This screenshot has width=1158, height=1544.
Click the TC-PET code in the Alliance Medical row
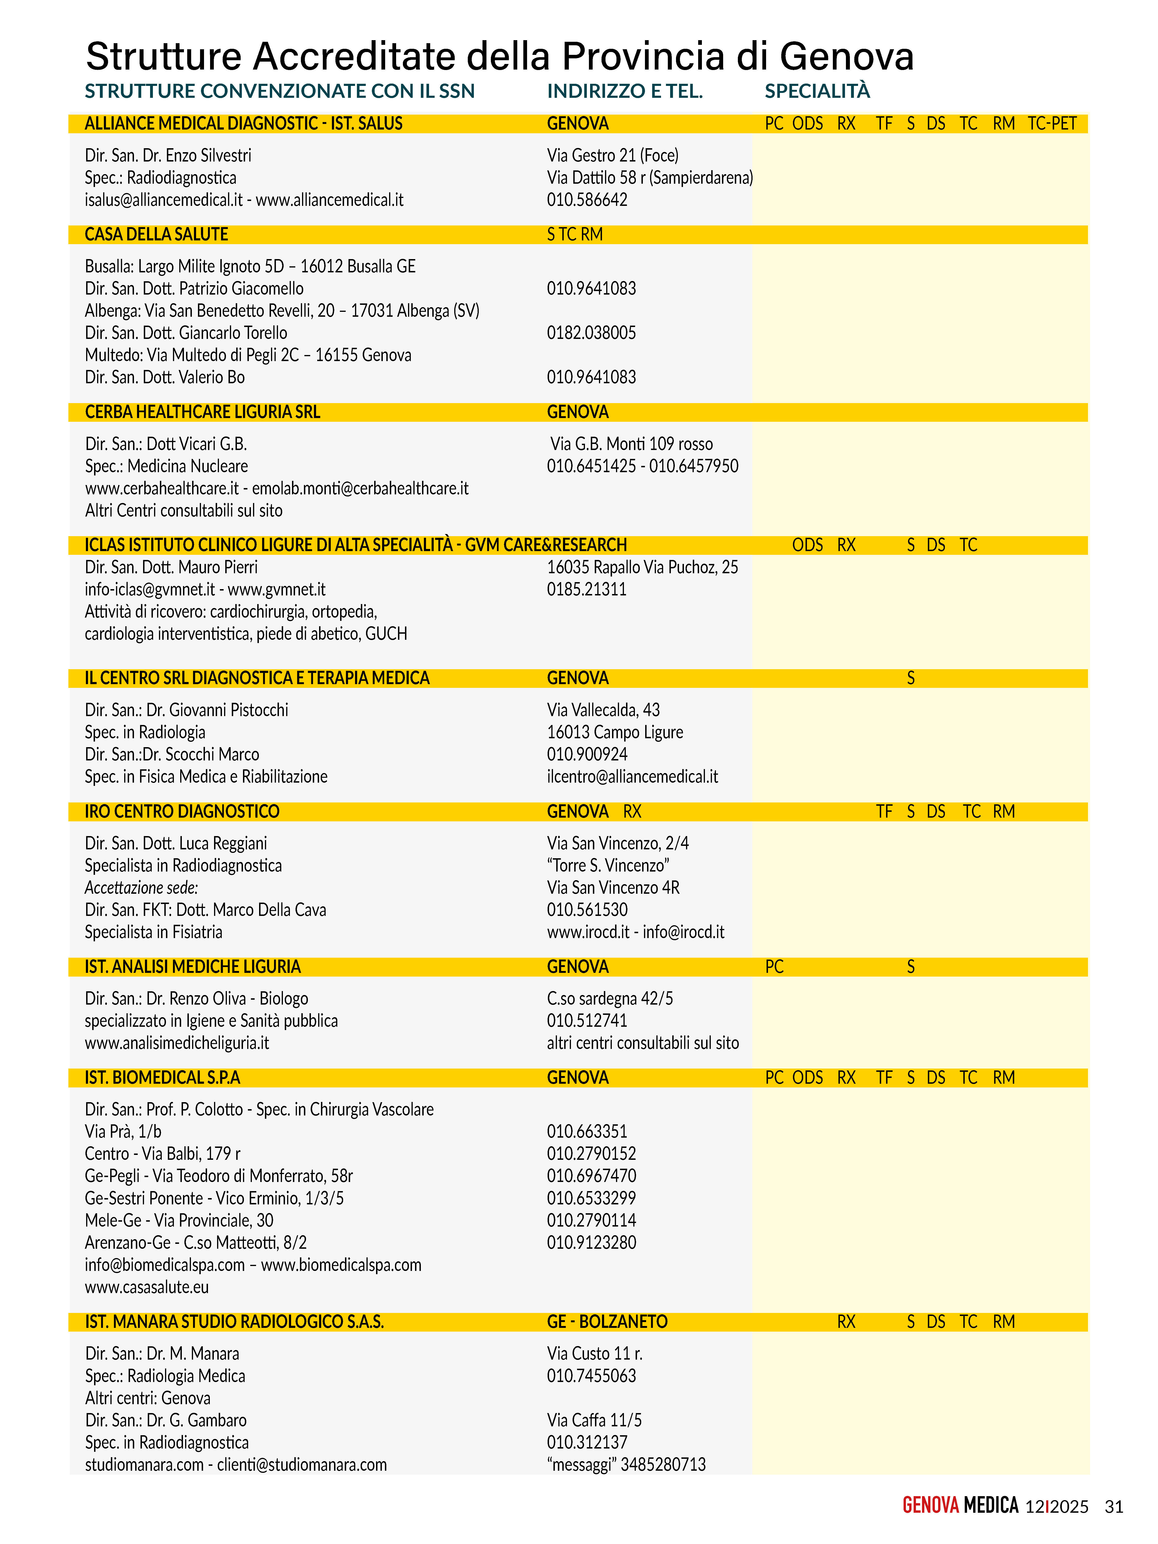tap(1052, 123)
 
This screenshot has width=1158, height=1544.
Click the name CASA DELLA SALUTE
tap(156, 235)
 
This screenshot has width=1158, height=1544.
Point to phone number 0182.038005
tap(591, 333)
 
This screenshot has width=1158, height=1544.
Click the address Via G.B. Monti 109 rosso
tap(631, 444)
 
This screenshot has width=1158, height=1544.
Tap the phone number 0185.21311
tap(586, 590)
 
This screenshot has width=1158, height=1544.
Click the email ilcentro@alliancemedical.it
tap(632, 777)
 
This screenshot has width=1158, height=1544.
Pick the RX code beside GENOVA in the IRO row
tap(632, 812)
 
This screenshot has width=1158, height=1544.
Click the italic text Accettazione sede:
tap(141, 888)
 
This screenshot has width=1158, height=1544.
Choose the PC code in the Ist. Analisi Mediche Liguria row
tap(774, 967)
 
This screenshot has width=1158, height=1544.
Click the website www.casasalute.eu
tap(147, 1287)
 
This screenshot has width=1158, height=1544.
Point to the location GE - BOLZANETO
tap(607, 1322)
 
